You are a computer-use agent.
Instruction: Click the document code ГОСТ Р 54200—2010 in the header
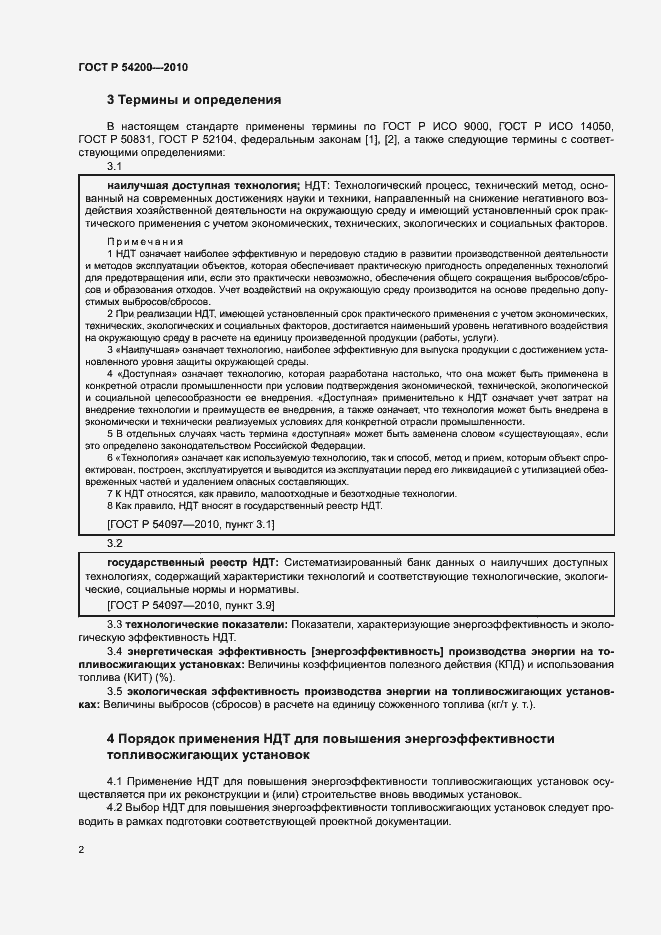click(x=133, y=67)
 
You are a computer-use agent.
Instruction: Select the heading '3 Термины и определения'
click(x=194, y=100)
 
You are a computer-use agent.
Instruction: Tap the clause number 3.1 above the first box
click(x=114, y=167)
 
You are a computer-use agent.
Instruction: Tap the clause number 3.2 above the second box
click(x=114, y=543)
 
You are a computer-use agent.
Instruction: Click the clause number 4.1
click(x=115, y=778)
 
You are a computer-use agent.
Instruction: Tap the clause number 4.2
click(x=115, y=806)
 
